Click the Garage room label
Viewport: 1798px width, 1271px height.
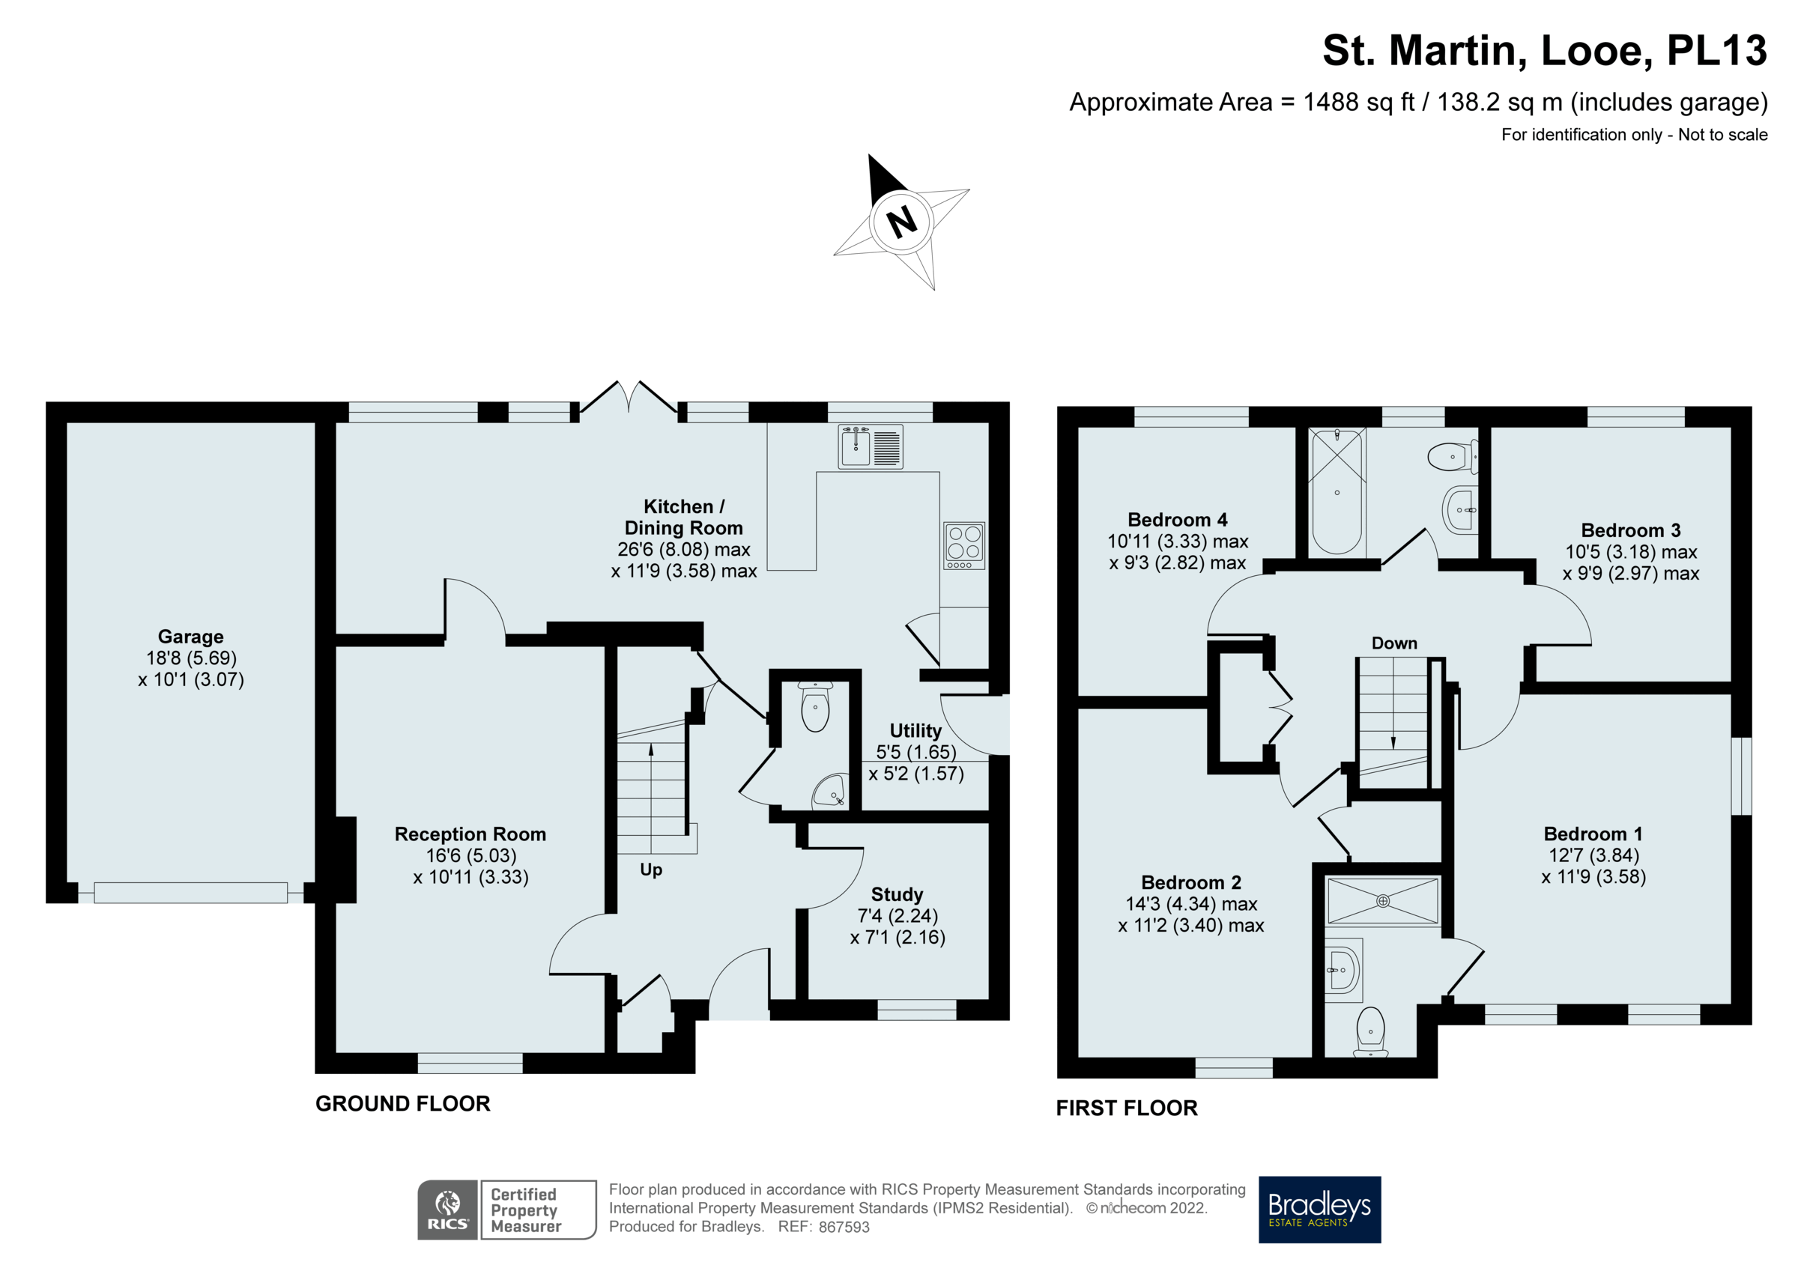[191, 637]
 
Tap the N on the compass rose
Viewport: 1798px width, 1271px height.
[901, 222]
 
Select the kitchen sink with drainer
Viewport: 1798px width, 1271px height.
[870, 446]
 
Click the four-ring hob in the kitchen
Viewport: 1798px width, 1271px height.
[964, 545]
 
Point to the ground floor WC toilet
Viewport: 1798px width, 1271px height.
[815, 706]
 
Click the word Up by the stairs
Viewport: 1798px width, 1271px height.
[651, 870]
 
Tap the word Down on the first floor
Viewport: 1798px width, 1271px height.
[1394, 643]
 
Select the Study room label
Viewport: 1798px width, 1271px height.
[898, 894]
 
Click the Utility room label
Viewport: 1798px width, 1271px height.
[915, 731]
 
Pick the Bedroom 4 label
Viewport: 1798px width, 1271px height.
[1177, 520]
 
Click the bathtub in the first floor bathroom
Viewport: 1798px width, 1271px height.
[1337, 492]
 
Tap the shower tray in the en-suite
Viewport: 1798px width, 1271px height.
[1383, 901]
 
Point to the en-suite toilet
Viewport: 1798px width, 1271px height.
[1370, 1032]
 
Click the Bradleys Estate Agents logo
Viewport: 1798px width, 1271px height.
[1319, 1209]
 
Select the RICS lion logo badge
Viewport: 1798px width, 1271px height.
[447, 1209]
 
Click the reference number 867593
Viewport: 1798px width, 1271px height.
[844, 1227]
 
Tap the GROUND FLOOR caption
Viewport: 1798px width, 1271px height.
[402, 1103]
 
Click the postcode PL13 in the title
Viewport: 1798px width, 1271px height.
[1716, 50]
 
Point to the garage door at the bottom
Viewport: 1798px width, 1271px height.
[190, 893]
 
